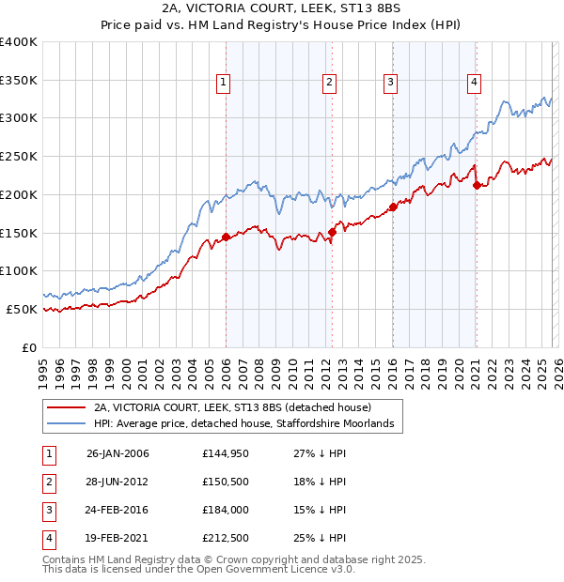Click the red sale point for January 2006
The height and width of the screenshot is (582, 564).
coord(226,237)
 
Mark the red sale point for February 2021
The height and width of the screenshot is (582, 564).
coord(477,185)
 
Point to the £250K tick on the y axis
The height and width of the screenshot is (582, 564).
coord(20,156)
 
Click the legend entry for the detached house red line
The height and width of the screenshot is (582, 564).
coord(232,407)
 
